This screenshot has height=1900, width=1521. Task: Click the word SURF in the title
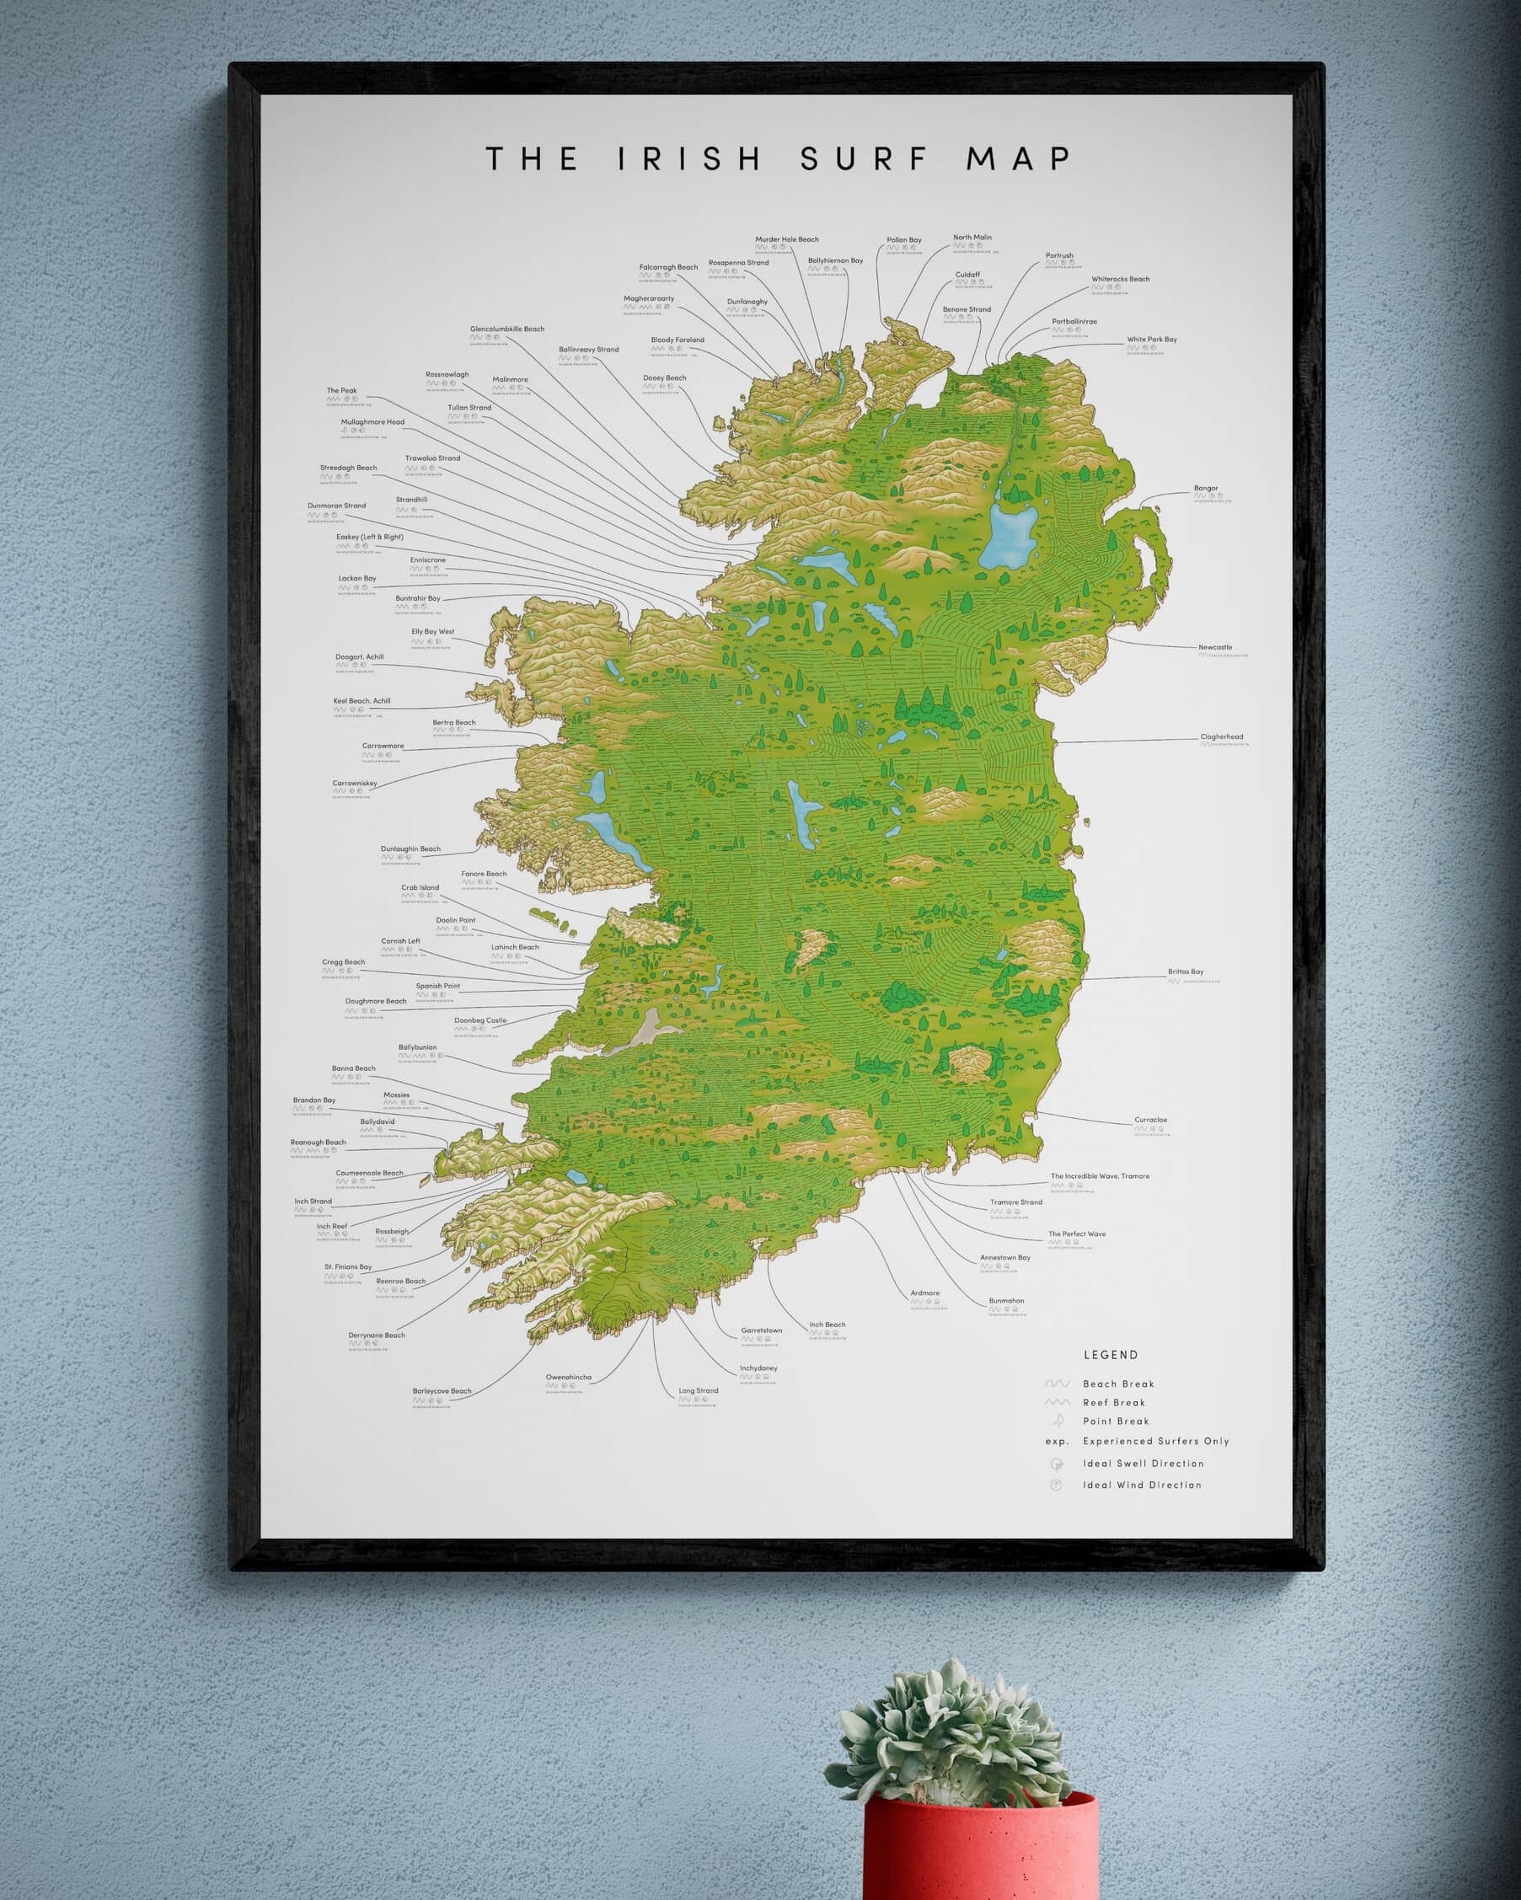864,159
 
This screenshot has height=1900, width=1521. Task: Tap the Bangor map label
1206,488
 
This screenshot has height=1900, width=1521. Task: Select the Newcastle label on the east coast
1214,647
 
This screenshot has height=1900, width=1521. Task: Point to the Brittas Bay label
1186,971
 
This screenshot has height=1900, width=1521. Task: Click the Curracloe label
1150,1119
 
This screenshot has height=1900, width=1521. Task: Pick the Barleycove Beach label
442,1390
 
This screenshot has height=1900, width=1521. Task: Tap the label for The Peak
342,390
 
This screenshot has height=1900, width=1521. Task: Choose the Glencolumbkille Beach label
506,329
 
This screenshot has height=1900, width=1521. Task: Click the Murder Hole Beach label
786,238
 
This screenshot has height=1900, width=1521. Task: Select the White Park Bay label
1151,340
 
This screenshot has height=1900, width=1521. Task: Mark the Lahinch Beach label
515,947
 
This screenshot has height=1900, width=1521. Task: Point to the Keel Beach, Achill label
362,701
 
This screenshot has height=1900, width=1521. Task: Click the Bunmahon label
1005,1301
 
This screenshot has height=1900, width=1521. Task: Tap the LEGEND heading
1111,1355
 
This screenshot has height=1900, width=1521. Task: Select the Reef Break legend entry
1114,1402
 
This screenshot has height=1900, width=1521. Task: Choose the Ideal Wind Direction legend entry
1141,1485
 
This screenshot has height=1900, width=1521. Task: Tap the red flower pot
980,1850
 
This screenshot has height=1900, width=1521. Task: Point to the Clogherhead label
1221,736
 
